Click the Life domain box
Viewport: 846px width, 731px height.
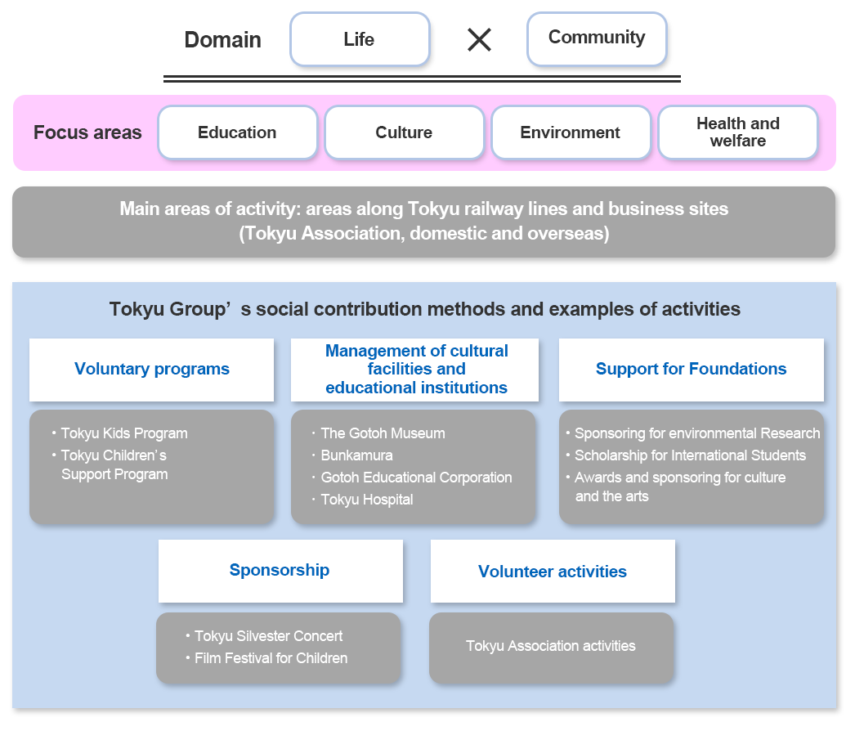pos(360,39)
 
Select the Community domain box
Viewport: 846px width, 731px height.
pos(597,38)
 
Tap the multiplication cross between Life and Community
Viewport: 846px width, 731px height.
pos(479,39)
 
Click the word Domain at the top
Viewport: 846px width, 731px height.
pos(222,40)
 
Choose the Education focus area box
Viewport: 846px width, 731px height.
pos(237,132)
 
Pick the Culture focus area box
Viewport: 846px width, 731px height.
pos(404,132)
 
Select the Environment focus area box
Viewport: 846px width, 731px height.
pos(571,132)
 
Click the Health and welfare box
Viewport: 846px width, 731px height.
pos(737,132)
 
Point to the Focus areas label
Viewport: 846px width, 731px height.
pos(87,132)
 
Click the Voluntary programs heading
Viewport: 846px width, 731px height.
pos(152,370)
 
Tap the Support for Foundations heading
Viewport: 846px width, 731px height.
pos(691,370)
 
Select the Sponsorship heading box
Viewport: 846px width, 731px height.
pos(280,571)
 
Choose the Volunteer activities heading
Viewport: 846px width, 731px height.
pos(553,572)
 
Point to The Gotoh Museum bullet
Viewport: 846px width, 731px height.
pos(383,433)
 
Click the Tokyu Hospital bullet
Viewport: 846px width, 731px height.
pos(367,500)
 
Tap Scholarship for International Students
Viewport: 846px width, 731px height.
pos(690,455)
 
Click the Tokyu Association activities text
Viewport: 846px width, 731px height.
pos(551,646)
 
